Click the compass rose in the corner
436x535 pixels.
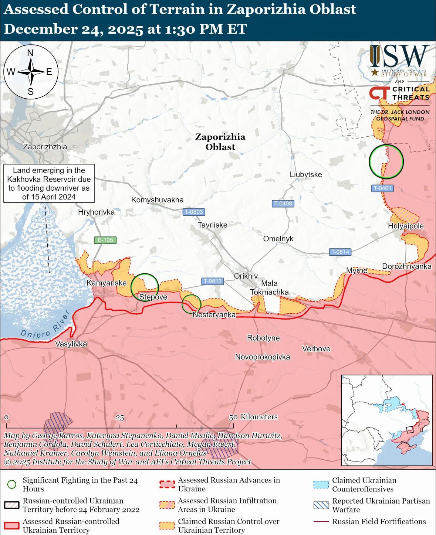[31, 72]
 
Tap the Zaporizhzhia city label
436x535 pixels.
[45, 147]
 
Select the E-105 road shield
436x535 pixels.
[105, 240]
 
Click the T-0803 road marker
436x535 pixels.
[194, 212]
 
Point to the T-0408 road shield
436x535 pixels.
[283, 203]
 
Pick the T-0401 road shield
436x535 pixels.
[382, 188]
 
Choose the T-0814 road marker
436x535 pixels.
[339, 252]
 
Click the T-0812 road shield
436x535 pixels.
[212, 281]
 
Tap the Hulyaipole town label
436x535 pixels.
[406, 226]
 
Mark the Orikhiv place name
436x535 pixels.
[246, 276]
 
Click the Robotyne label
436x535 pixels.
[263, 338]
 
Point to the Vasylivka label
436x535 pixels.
[71, 344]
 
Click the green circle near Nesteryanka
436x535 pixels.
[191, 304]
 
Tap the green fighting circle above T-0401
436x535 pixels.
[386, 161]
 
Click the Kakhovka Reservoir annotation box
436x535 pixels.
[49, 184]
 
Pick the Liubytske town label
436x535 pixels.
[306, 174]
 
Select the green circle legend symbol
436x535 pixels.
[12, 484]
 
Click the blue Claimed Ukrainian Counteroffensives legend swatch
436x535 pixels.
[321, 484]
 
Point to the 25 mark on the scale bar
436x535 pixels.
[120, 418]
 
